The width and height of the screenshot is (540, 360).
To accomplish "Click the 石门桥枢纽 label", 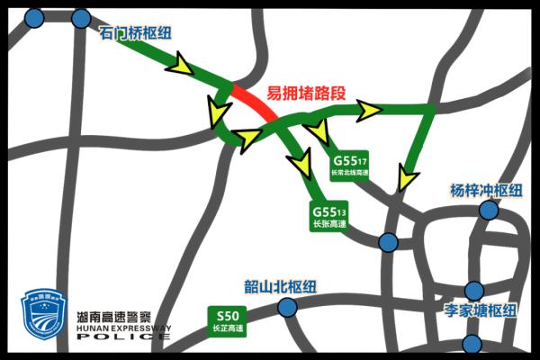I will pos(134,34).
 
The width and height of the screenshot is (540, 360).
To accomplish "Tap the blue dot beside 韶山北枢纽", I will pos(287,308).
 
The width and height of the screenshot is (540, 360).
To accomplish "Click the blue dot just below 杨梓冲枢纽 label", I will pos(489,210).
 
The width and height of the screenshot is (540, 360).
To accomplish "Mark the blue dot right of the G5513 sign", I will pos(388,242).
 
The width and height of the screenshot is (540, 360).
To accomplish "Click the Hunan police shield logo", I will pos(44,317).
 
